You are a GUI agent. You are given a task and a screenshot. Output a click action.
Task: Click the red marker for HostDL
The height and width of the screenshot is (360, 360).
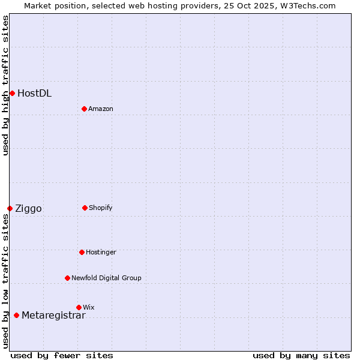coord(12,93)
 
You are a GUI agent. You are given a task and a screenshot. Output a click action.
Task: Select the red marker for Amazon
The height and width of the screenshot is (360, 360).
coord(84,109)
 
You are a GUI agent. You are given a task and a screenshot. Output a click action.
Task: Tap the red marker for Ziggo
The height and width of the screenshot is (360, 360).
coord(10,208)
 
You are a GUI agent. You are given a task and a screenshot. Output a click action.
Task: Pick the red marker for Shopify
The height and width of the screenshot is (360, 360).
coord(85,208)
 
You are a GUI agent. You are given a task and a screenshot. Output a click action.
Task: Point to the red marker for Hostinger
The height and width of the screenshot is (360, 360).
coord(82,252)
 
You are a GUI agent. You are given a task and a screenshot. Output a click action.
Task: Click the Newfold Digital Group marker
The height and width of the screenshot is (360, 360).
coord(67,278)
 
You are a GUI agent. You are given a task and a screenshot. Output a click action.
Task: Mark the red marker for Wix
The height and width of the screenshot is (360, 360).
coord(79,307)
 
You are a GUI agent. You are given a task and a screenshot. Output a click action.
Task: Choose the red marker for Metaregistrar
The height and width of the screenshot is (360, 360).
coord(16,315)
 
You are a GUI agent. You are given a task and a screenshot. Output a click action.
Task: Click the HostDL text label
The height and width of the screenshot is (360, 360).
coord(34,93)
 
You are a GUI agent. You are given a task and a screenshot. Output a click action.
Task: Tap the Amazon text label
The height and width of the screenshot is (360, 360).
coord(101,109)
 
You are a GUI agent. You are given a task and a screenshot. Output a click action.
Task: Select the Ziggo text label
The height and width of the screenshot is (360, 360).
coord(28,209)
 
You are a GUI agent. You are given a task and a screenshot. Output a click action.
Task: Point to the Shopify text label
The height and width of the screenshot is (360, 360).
coord(101,208)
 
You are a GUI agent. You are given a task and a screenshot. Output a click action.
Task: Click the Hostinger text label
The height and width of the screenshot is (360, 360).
coord(101,252)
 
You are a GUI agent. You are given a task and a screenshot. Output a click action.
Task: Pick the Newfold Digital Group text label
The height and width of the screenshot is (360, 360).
coord(106,278)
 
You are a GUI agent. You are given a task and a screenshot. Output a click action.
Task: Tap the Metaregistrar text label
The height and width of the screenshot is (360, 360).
coord(53,316)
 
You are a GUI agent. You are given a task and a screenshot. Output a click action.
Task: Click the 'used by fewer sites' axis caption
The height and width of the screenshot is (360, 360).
coord(62,355)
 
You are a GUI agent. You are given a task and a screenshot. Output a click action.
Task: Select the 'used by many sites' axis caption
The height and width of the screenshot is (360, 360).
coord(301,355)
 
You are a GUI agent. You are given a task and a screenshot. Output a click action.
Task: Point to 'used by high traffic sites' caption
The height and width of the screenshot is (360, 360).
coord(5,85)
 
